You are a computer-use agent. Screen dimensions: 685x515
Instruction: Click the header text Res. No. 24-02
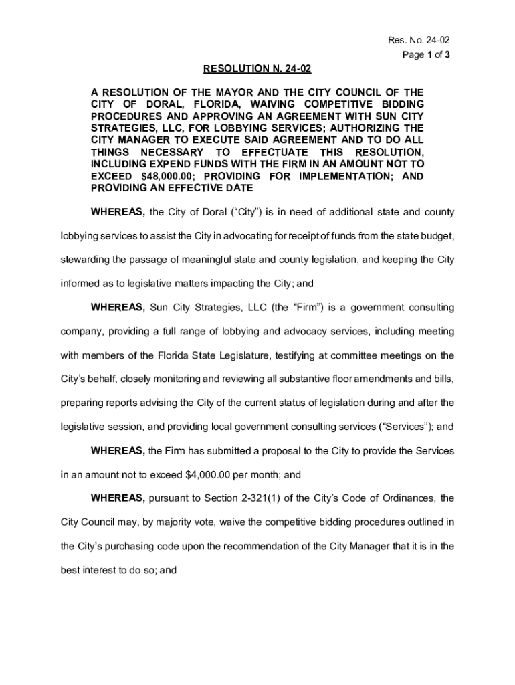[x=414, y=41]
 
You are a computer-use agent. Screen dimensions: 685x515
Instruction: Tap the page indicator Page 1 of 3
[x=426, y=55]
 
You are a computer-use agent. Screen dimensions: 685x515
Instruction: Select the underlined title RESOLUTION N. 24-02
[x=257, y=69]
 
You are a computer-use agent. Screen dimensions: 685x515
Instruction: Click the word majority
[x=179, y=522]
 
